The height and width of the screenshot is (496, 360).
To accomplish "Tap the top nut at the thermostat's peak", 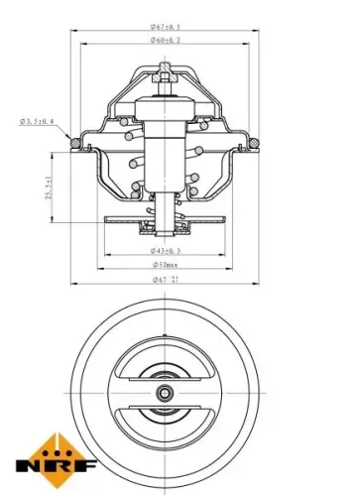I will pos(164,71).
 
